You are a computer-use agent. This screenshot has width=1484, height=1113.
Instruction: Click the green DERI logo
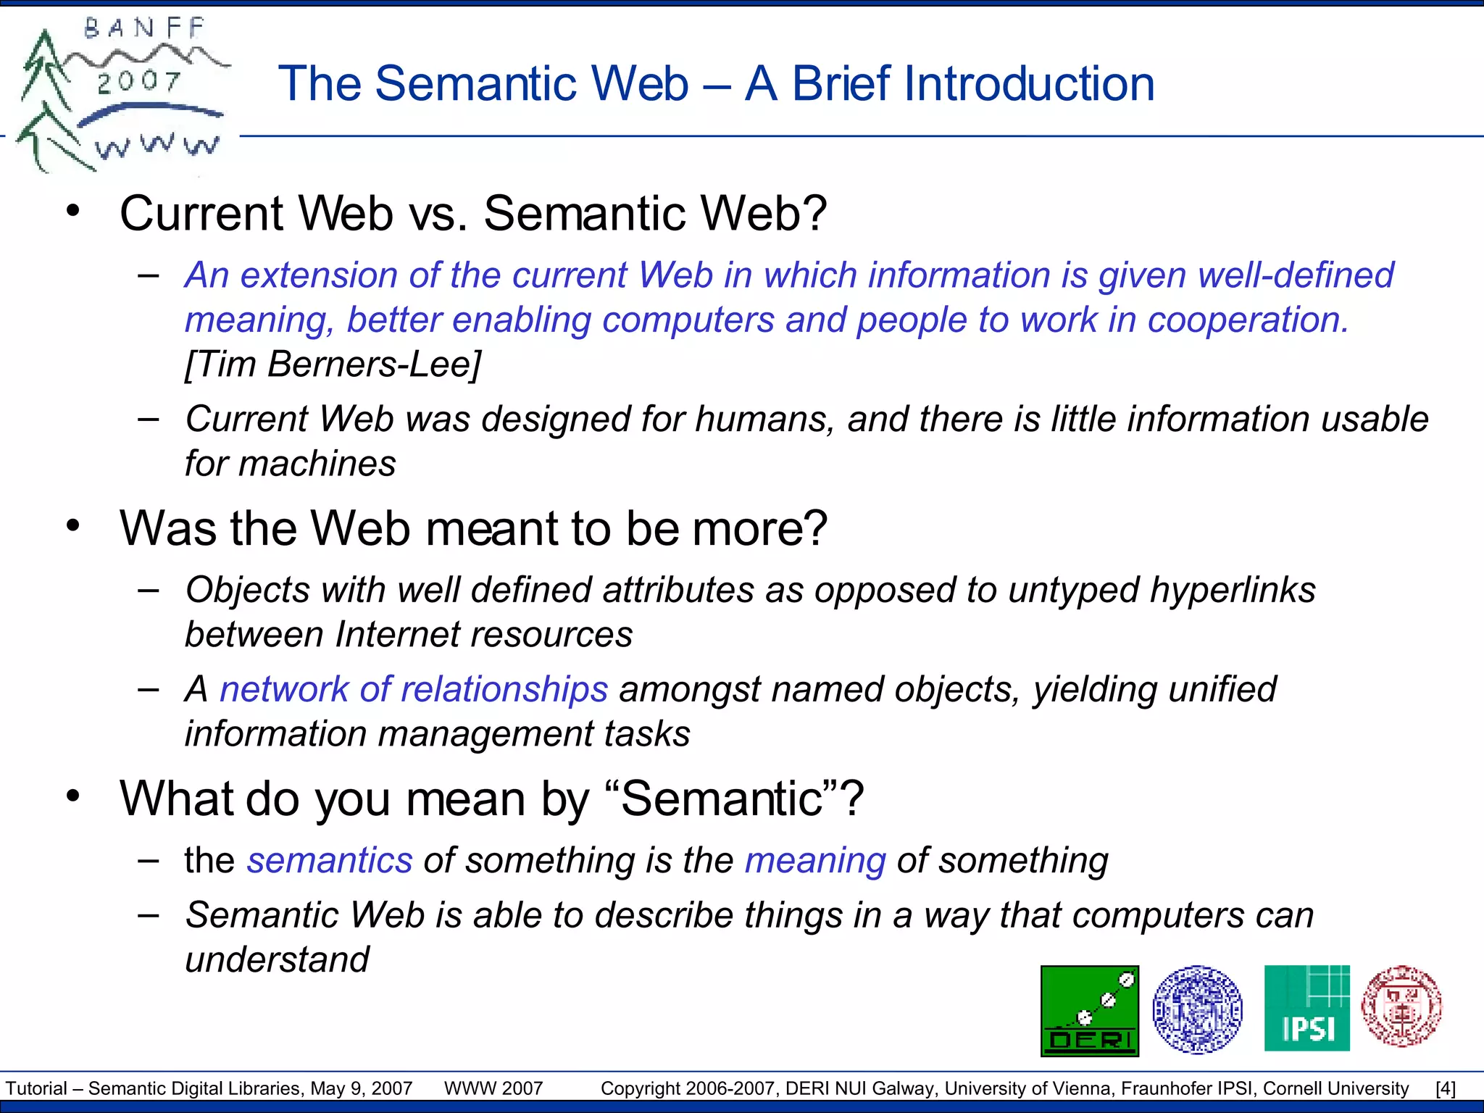(x=1089, y=1011)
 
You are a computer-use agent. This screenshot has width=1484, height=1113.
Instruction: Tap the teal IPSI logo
(x=1306, y=1008)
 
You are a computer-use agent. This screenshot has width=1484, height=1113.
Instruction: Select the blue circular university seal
(x=1197, y=1009)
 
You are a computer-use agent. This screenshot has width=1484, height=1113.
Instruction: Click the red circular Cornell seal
(x=1401, y=1006)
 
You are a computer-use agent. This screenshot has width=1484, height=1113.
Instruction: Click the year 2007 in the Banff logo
(x=138, y=82)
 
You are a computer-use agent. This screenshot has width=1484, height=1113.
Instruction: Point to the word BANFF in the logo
(x=144, y=29)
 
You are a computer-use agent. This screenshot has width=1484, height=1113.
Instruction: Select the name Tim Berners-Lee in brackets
(x=333, y=364)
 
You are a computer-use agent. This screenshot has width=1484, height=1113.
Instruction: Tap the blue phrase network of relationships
(x=414, y=689)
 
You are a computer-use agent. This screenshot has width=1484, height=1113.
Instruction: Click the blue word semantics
(x=330, y=861)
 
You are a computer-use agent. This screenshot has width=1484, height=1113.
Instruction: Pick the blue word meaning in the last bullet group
(x=815, y=861)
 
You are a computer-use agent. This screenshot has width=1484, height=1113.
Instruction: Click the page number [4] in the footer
(x=1445, y=1088)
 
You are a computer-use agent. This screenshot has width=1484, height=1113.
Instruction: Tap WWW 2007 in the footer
(x=493, y=1088)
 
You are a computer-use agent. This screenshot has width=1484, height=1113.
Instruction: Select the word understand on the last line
(x=277, y=960)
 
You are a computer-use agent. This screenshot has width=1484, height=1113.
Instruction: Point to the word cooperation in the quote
(x=1248, y=320)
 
